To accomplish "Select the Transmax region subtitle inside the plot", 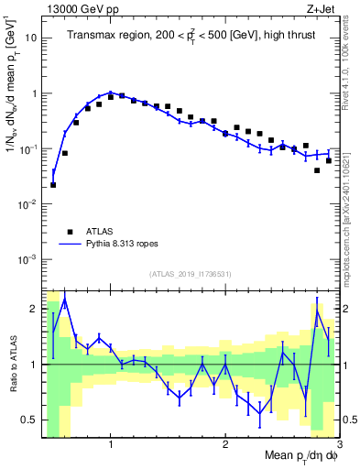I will tap(190, 36).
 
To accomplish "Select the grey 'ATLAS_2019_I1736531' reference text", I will tap(190, 274).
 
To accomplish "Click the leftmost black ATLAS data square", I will tap(53, 185).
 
